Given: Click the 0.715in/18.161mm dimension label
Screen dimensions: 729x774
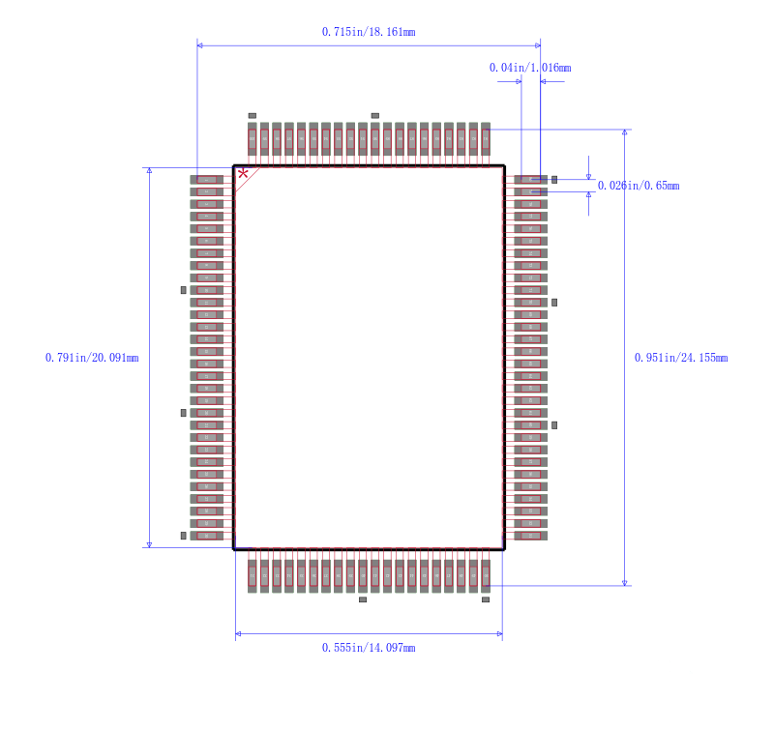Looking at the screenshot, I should pos(369,32).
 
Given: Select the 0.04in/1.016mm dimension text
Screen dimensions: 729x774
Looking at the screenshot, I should pos(529,68).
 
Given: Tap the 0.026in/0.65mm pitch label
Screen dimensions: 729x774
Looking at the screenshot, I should pos(638,186).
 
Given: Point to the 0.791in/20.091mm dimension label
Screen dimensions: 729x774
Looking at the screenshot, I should pos(92,358).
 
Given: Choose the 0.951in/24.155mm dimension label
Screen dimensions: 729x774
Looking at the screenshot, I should pos(680,358).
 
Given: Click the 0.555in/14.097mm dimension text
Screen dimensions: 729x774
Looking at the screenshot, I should pos(369,648).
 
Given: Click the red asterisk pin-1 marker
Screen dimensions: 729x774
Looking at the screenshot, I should pos(243,174).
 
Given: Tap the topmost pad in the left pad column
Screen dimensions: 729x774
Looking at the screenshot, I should pos(207,179).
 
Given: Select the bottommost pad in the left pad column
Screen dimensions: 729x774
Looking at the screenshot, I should pos(207,536).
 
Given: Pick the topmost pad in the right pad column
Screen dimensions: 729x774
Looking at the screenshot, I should pos(530,179).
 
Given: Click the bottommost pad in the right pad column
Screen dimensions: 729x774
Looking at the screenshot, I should pos(530,536).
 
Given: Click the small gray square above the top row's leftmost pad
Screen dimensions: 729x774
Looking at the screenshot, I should pos(253,115).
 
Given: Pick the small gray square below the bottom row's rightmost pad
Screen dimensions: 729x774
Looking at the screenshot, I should pos(486,599).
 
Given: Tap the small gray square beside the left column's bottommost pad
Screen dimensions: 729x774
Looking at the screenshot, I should pos(183,536).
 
